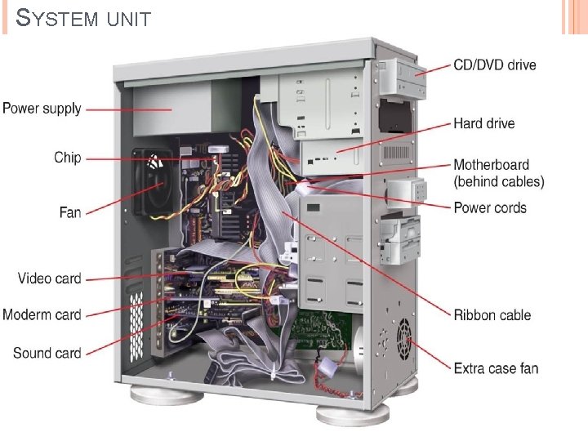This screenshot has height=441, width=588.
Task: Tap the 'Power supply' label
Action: pyautogui.click(x=42, y=108)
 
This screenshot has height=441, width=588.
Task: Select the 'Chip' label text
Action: pyautogui.click(x=68, y=158)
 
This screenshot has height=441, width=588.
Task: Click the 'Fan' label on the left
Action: pyautogui.click(x=70, y=212)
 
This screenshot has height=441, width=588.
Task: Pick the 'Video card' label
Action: pyautogui.click(x=50, y=278)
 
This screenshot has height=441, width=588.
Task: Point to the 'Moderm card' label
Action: pyautogui.click(x=42, y=314)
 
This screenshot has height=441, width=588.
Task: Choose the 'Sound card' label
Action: pyautogui.click(x=47, y=353)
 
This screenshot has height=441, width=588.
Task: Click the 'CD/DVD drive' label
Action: pyautogui.click(x=495, y=65)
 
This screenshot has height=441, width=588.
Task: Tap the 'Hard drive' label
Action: pyautogui.click(x=484, y=123)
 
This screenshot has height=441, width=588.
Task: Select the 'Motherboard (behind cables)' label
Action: pyautogui.click(x=498, y=173)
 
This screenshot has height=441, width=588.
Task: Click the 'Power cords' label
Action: pyautogui.click(x=490, y=207)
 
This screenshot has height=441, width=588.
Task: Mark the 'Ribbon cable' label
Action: pyautogui.click(x=492, y=314)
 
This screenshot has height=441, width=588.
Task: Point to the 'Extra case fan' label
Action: pyautogui.click(x=496, y=368)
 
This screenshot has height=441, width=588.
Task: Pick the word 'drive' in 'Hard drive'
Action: pyautogui.click(x=499, y=123)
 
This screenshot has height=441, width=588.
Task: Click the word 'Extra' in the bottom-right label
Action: pyautogui.click(x=469, y=368)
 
